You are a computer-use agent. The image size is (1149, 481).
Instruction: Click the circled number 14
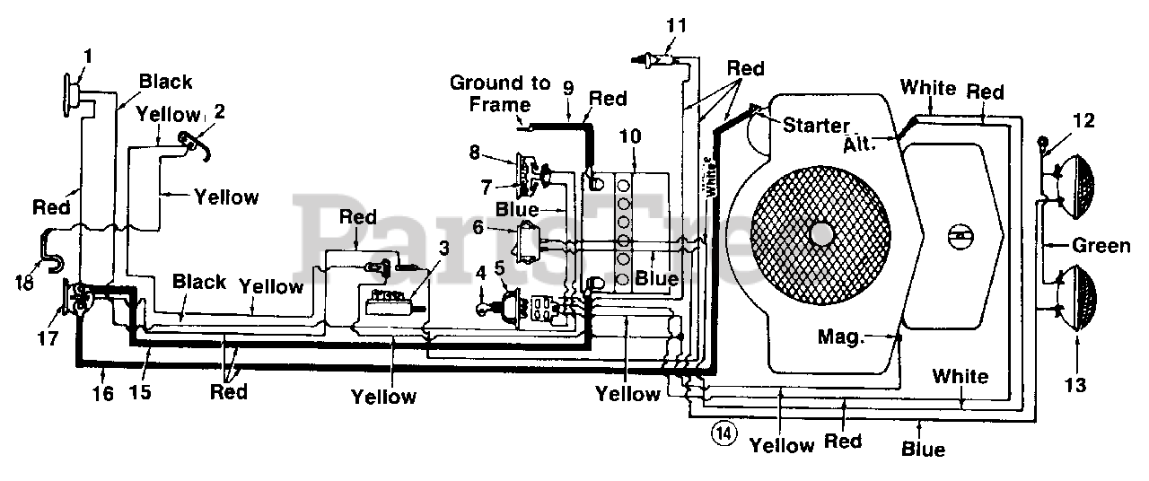[x=724, y=433]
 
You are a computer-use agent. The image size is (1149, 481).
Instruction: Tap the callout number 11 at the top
[x=676, y=25]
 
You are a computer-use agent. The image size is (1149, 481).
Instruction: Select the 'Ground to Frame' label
[x=500, y=93]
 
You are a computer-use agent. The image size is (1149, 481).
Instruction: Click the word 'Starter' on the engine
[x=816, y=125]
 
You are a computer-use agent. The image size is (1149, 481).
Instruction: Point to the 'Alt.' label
[x=859, y=144]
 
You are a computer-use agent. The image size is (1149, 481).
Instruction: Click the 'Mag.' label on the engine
[x=840, y=337]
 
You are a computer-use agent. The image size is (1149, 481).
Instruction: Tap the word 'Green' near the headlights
[x=1101, y=246]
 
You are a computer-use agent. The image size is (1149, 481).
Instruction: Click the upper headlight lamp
[x=1074, y=187]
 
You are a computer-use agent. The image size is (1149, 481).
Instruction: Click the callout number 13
[x=1075, y=384]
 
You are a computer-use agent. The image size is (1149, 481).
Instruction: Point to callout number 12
[x=1083, y=120]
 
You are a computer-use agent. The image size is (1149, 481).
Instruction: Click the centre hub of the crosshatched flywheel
[x=820, y=235]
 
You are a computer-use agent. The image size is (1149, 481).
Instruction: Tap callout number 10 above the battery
[x=630, y=136]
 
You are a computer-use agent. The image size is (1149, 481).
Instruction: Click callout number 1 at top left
[x=88, y=56]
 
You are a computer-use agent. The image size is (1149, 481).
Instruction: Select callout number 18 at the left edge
[x=24, y=282]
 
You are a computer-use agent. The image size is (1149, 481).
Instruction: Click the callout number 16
[x=103, y=393]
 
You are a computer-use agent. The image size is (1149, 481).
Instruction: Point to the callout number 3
[x=443, y=248]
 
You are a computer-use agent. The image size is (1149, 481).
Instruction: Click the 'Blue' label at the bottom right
[x=923, y=450]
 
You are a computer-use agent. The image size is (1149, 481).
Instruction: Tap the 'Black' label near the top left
[x=165, y=82]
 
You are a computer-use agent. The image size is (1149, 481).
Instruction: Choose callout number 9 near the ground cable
[x=568, y=88]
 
